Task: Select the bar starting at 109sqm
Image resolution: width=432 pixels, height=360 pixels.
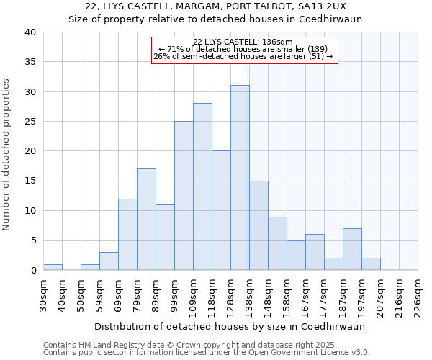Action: point(202,186)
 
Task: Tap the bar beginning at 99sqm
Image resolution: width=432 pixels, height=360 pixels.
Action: point(184,196)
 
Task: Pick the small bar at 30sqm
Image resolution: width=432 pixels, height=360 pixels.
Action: point(53,267)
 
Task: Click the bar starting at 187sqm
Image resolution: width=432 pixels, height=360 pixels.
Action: point(352,249)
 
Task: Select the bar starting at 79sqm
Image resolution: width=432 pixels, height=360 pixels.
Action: point(146,220)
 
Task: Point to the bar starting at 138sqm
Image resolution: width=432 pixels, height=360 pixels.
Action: point(258,225)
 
